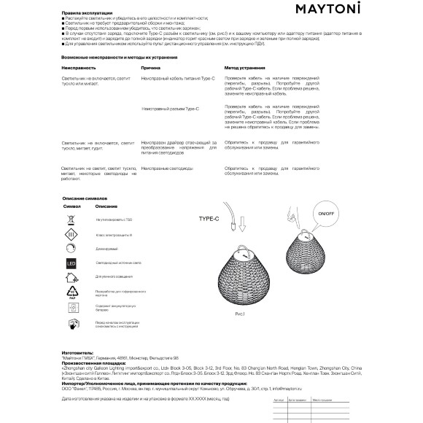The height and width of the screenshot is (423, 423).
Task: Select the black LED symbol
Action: (x=71, y=263)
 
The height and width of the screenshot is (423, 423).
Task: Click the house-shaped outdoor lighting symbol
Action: (x=71, y=277)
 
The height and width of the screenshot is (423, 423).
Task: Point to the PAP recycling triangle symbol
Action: (x=71, y=292)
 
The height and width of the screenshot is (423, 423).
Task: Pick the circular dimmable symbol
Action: (x=71, y=249)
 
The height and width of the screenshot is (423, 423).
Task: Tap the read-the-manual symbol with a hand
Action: (x=71, y=324)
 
